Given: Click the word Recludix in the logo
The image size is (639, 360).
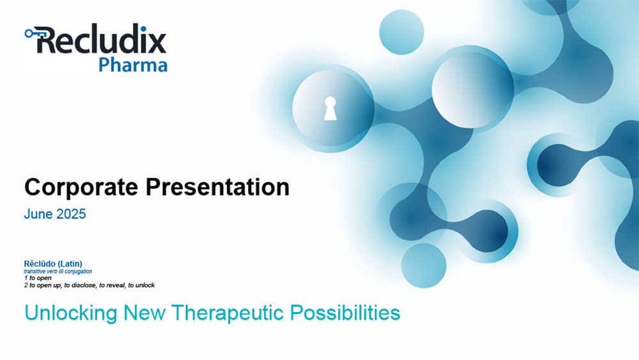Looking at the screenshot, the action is click(102, 40).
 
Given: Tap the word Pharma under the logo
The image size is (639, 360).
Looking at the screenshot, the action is click(133, 65).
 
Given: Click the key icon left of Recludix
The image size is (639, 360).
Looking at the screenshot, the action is click(32, 33).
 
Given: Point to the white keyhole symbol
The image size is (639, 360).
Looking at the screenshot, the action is click(330, 109).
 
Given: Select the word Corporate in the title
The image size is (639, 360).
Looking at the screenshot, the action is click(81, 187).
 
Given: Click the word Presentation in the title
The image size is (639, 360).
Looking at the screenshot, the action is click(217, 187).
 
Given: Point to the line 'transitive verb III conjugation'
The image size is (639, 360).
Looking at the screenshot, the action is click(58, 271).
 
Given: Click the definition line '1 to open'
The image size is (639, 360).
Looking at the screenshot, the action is click(38, 278).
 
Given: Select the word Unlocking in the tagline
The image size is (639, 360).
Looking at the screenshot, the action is click(71, 313).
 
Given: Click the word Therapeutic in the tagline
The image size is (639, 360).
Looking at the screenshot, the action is click(227, 313).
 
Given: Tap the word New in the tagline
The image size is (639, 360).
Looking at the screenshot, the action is click(144, 313).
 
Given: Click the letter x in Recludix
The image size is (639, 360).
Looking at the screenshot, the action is click(157, 43).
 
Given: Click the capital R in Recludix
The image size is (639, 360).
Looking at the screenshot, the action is click(46, 40).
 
